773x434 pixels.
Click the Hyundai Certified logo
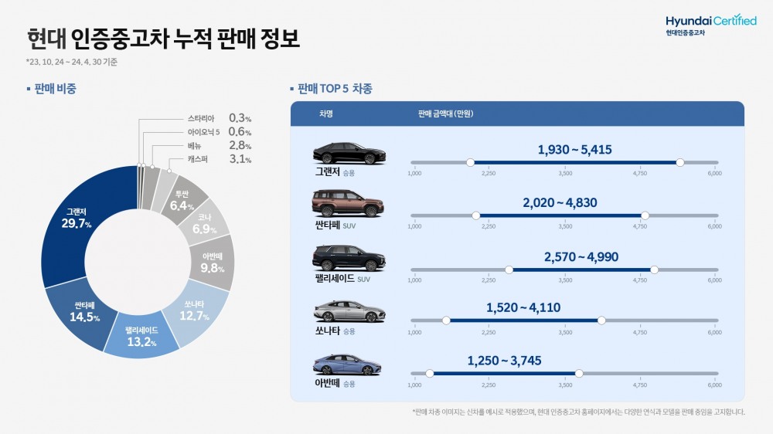click(710, 24)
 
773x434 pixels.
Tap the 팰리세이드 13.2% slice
click(141, 337)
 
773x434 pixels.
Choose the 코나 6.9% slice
click(206, 225)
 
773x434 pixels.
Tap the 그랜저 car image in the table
click(349, 153)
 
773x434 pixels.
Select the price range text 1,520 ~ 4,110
click(523, 307)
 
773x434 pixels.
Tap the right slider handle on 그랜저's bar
click(679, 162)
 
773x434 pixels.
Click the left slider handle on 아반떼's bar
click(429, 373)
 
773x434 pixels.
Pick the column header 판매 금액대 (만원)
click(445, 114)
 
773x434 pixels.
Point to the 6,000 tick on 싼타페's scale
click(713, 227)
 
